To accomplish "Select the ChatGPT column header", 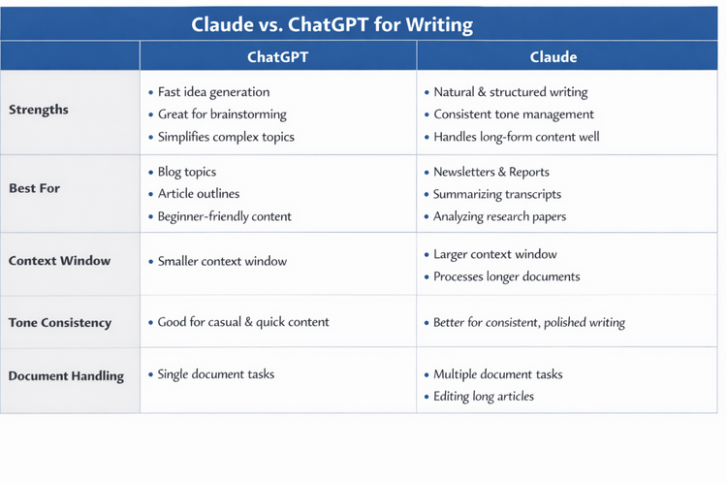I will click(x=277, y=56).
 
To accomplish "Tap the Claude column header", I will click(x=553, y=56).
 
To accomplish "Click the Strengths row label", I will click(x=39, y=110).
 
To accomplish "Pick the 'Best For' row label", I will click(x=35, y=188).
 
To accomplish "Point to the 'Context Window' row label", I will click(x=59, y=261).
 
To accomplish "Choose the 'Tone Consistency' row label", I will click(x=60, y=322).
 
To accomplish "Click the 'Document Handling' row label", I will click(x=66, y=375).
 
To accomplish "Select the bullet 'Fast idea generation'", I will click(x=213, y=92).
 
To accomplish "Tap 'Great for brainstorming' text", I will click(x=222, y=114).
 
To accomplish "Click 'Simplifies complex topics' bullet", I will click(x=226, y=137).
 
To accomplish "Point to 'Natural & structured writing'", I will click(x=510, y=92).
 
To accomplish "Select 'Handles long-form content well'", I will click(x=516, y=137).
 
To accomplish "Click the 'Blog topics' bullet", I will click(x=187, y=172).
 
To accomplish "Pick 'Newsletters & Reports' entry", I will click(x=491, y=172).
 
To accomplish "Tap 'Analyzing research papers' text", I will click(x=499, y=216).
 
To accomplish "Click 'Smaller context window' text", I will click(x=222, y=261).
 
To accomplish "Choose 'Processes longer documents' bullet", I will click(x=506, y=276).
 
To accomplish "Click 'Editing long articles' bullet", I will click(x=483, y=396).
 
